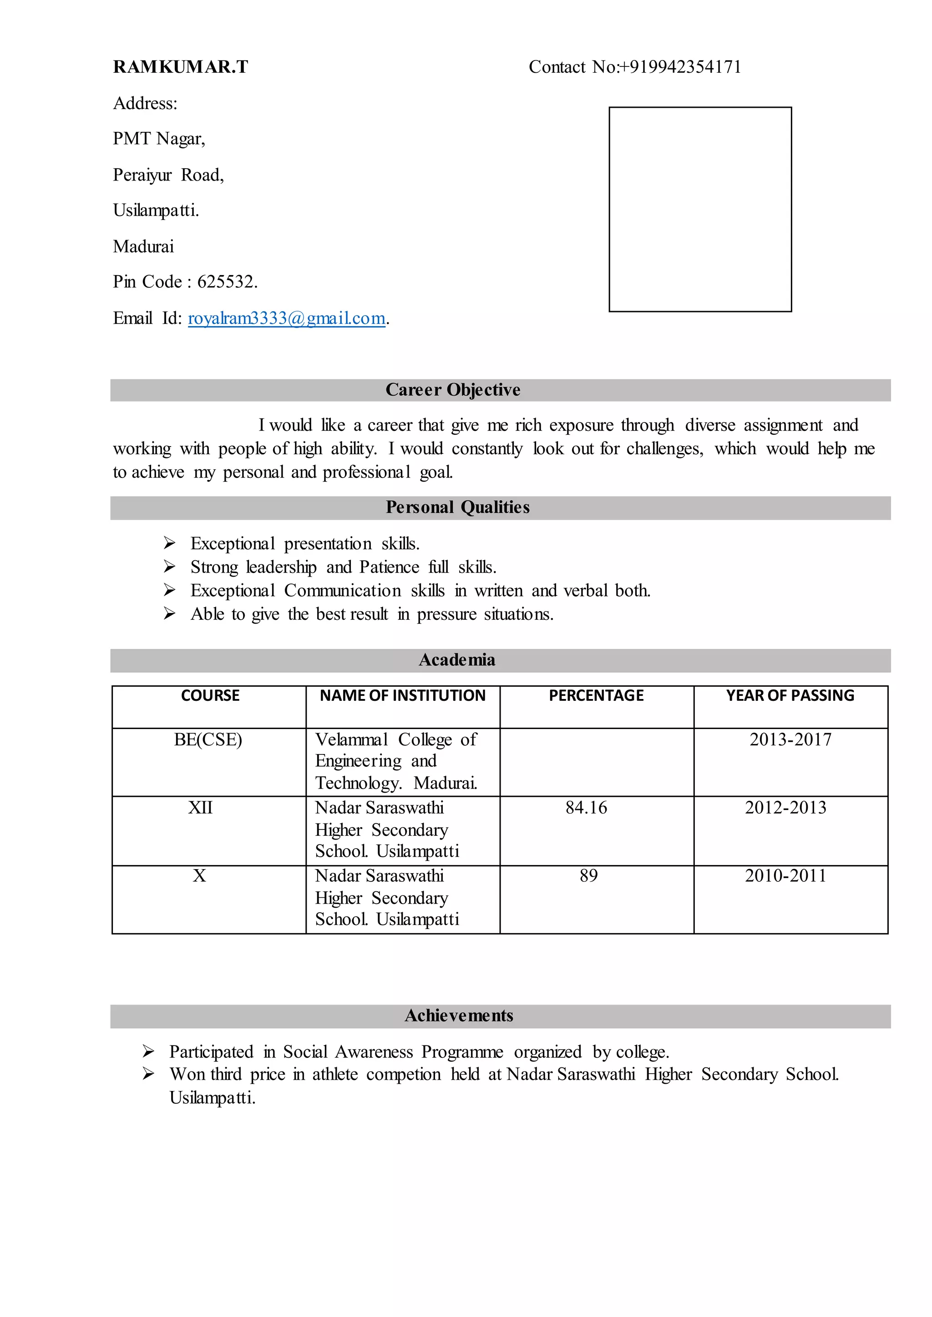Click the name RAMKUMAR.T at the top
point(180,67)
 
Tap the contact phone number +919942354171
point(684,67)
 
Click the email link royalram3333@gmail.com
point(286,318)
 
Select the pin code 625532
point(226,281)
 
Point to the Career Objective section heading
point(453,390)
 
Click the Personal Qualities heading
point(457,508)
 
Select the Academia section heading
point(457,660)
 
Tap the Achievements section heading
point(459,1016)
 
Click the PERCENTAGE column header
point(596,696)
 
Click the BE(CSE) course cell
point(208,740)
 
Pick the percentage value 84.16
point(586,808)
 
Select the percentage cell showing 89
point(588,876)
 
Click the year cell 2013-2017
point(790,740)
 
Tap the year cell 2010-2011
point(785,876)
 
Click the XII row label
point(200,808)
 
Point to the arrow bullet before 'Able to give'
point(169,614)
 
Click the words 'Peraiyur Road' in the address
point(168,175)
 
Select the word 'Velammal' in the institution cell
point(351,740)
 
